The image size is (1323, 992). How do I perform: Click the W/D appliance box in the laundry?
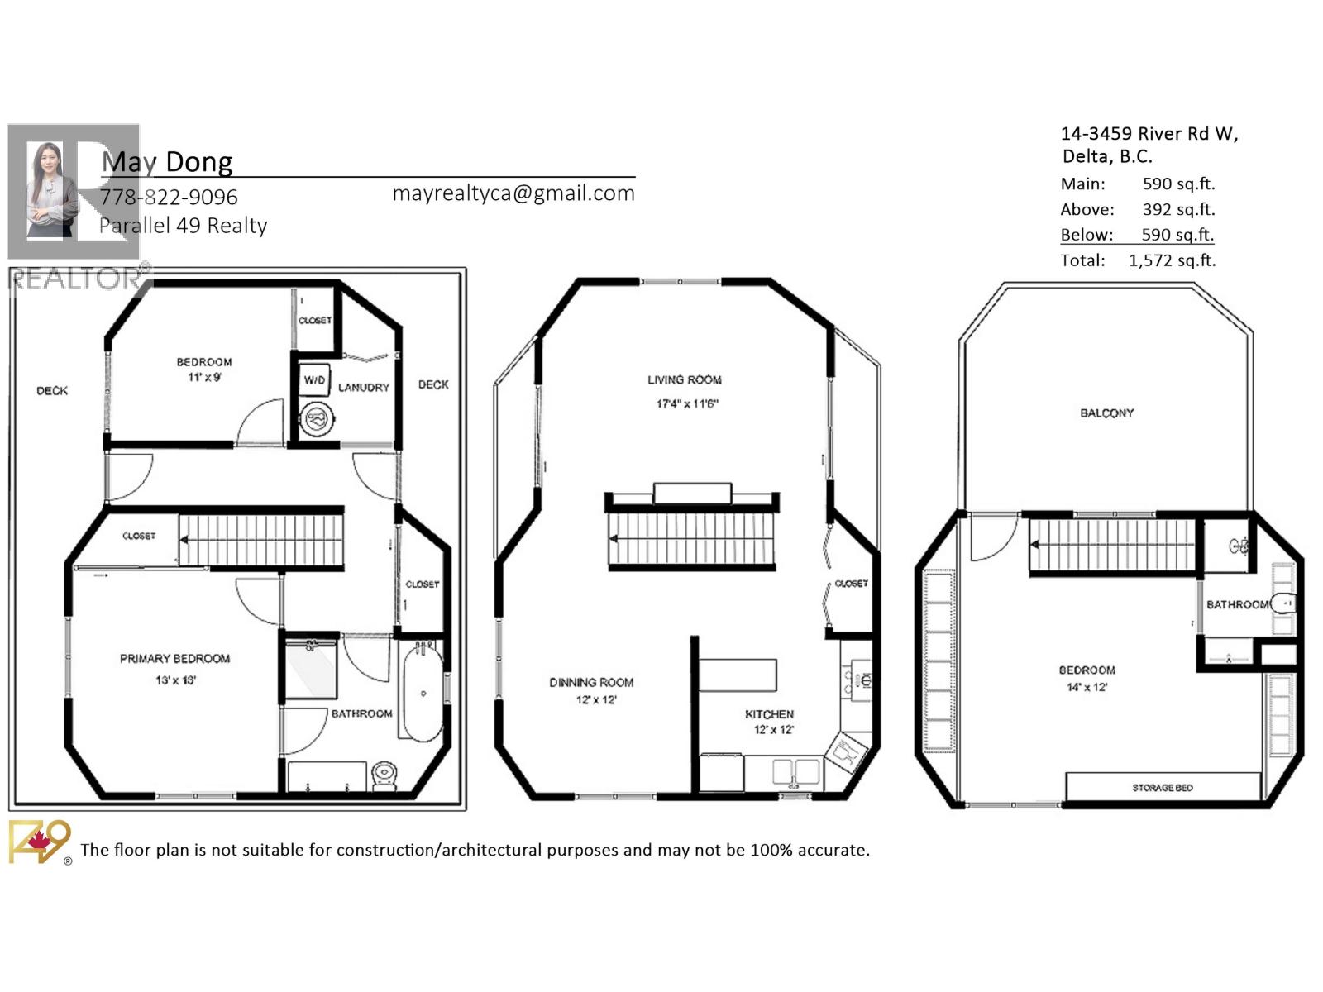tap(314, 380)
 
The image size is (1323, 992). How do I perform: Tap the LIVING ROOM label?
tap(684, 380)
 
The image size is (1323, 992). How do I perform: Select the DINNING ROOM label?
tap(591, 683)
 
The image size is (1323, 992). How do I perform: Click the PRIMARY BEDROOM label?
tap(174, 659)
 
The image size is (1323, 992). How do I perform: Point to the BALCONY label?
tap(1106, 413)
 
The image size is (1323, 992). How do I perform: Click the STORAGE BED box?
tap(1163, 787)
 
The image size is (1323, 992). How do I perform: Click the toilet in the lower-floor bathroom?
tap(384, 775)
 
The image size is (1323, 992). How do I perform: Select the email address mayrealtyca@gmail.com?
tap(513, 193)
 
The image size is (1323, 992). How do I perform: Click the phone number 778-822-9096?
tap(169, 198)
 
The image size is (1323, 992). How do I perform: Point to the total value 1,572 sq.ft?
tap(1172, 260)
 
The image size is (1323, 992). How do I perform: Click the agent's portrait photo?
tap(51, 190)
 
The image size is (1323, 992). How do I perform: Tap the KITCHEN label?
tap(769, 714)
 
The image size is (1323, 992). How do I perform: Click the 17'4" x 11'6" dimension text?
tap(687, 404)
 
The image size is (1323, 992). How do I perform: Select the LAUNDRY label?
tap(363, 388)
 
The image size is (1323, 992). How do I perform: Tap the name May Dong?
tap(167, 162)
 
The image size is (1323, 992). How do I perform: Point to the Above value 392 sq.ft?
tap(1178, 210)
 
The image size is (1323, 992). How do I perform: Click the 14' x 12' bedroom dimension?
tap(1087, 688)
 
